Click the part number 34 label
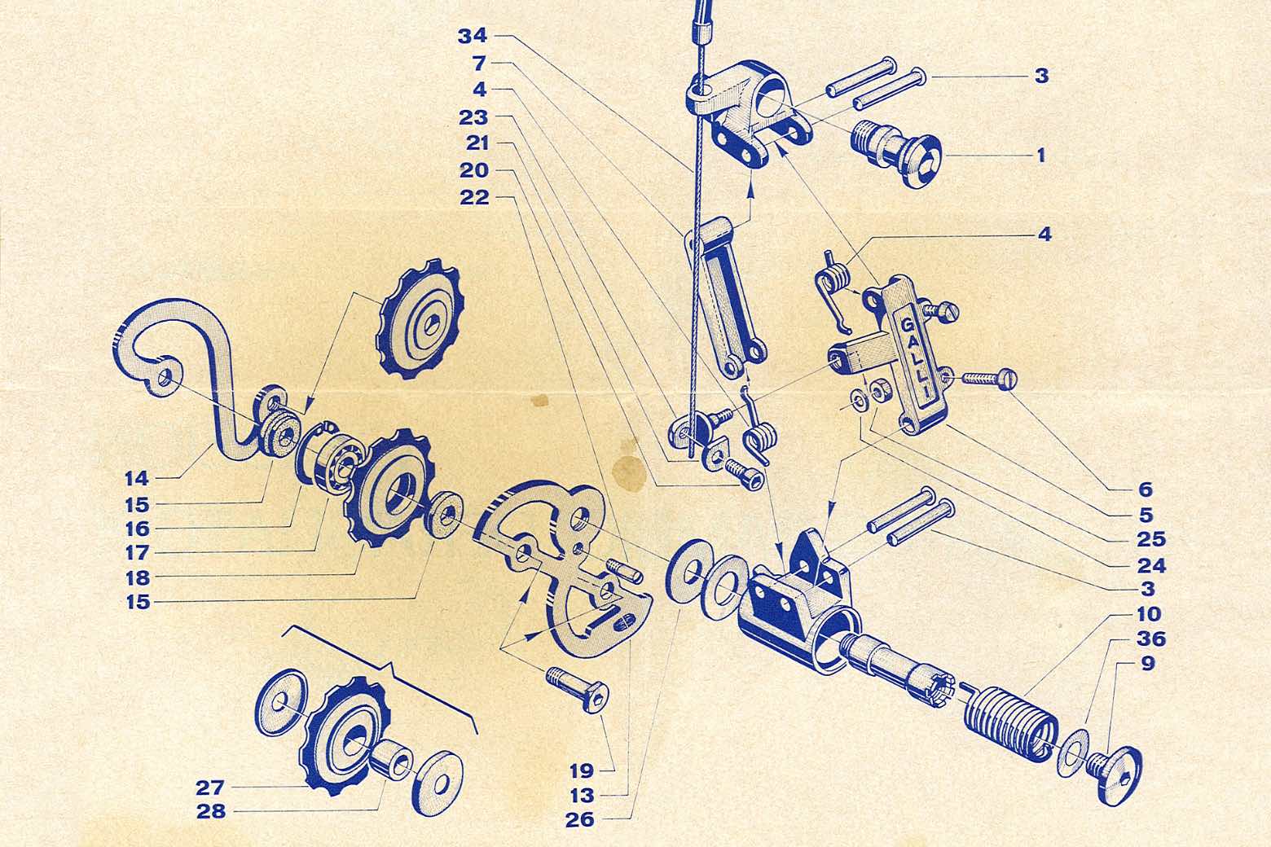pos(472,37)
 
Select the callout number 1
pos(1040,155)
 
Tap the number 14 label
pos(137,479)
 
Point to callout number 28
pos(211,812)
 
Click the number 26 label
pos(580,820)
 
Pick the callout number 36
pos(1150,639)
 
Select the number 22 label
pos(474,197)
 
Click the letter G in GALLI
pos(906,325)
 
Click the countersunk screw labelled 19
pos(578,688)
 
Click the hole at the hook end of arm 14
pos(165,375)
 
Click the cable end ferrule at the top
pos(700,26)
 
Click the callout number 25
pos(1150,539)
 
